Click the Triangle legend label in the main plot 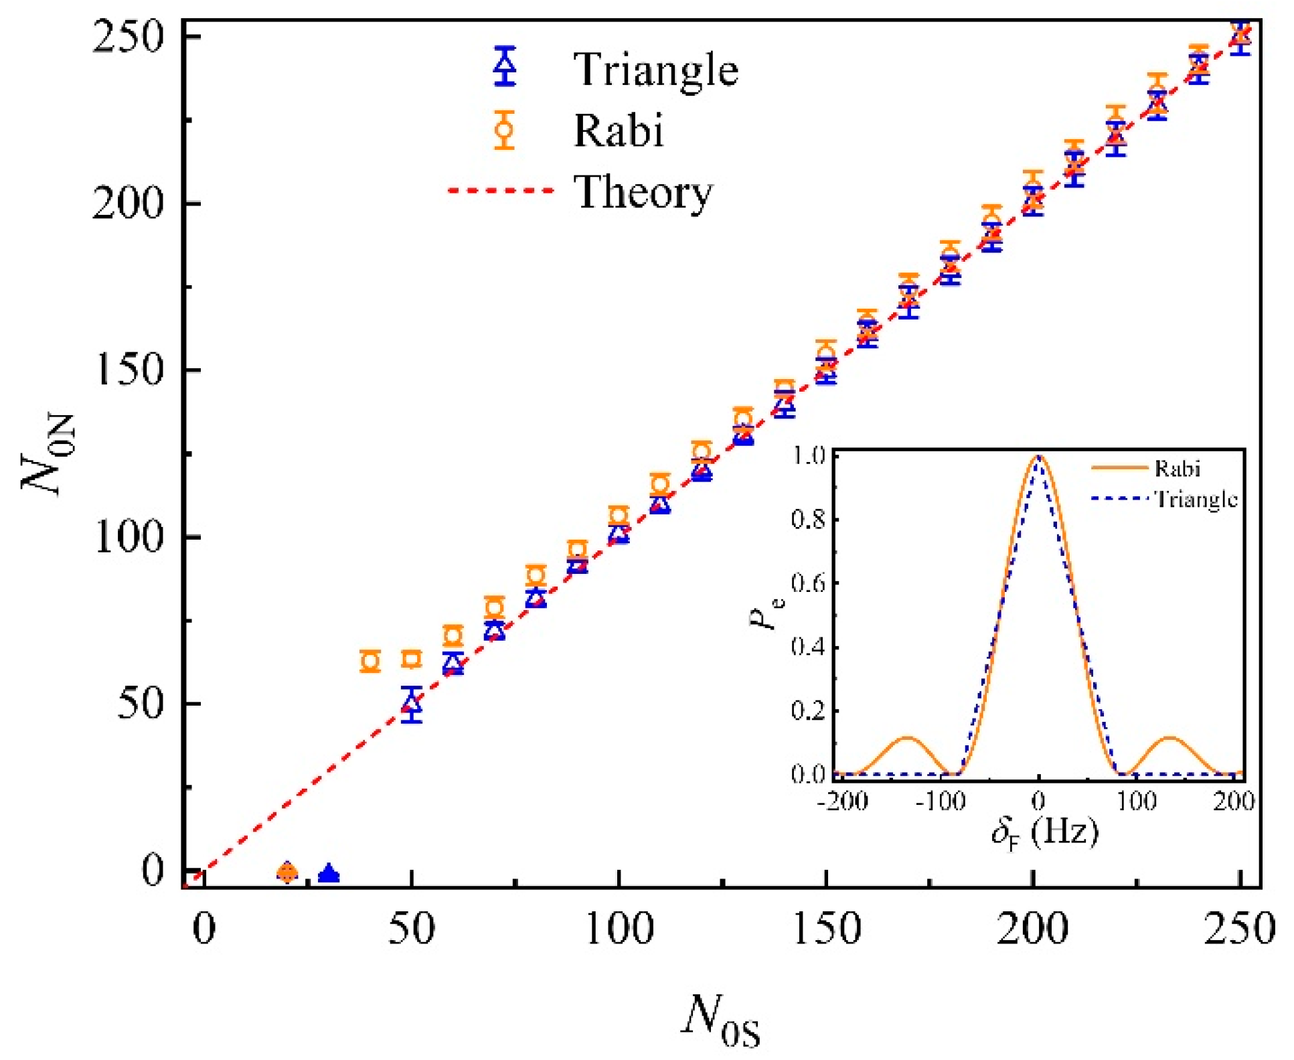(x=655, y=69)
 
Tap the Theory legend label (x=643, y=192)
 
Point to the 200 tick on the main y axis (x=127, y=203)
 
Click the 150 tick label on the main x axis (x=827, y=929)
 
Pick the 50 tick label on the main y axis (x=141, y=704)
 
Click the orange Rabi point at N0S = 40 (x=370, y=661)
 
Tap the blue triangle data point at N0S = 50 (x=412, y=704)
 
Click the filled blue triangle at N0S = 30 (x=329, y=874)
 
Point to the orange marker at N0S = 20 (x=287, y=872)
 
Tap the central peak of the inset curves (x=1038, y=459)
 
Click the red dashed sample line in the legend (x=501, y=191)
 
